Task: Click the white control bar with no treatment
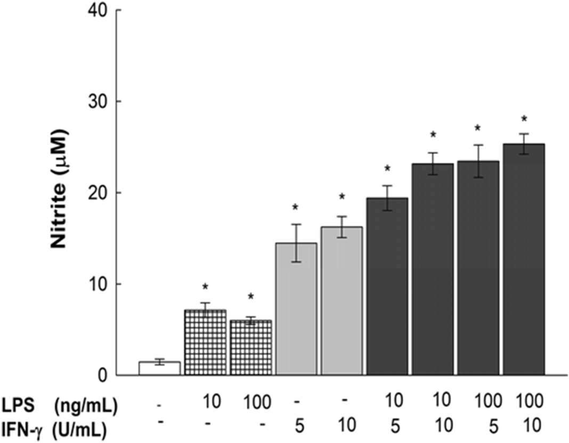[x=159, y=368]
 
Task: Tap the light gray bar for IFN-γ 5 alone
[x=296, y=309]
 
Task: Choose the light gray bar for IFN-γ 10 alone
[x=342, y=301]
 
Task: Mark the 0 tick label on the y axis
[x=105, y=375]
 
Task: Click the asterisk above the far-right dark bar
[x=524, y=119]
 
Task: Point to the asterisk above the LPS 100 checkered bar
[x=250, y=297]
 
